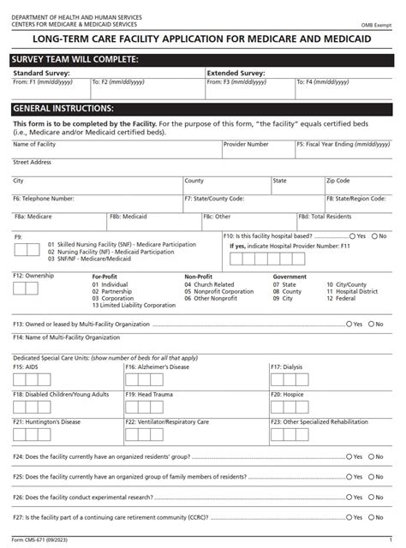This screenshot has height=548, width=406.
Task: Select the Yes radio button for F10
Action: click(x=353, y=235)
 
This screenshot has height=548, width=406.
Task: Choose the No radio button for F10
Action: click(x=374, y=235)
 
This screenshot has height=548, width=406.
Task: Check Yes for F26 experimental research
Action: click(x=349, y=497)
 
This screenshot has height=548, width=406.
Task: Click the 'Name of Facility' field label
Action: click(x=35, y=145)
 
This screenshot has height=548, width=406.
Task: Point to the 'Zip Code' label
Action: click(x=337, y=181)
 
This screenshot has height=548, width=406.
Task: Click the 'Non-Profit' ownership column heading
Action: click(x=199, y=277)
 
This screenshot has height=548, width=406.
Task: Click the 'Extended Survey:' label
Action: click(x=236, y=74)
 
